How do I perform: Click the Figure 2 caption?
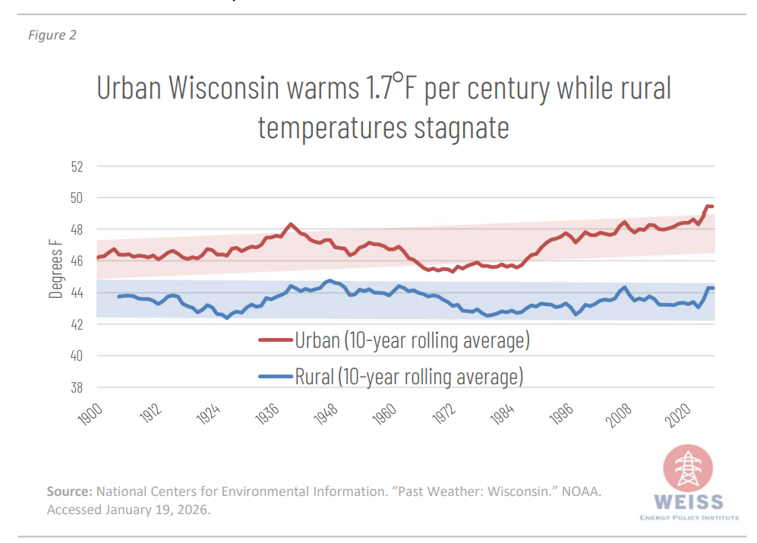tap(52, 36)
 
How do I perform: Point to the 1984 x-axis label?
tap(503, 417)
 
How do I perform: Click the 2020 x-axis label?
tap(678, 417)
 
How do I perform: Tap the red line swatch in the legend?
tap(275, 341)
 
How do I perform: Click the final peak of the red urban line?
tap(708, 206)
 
